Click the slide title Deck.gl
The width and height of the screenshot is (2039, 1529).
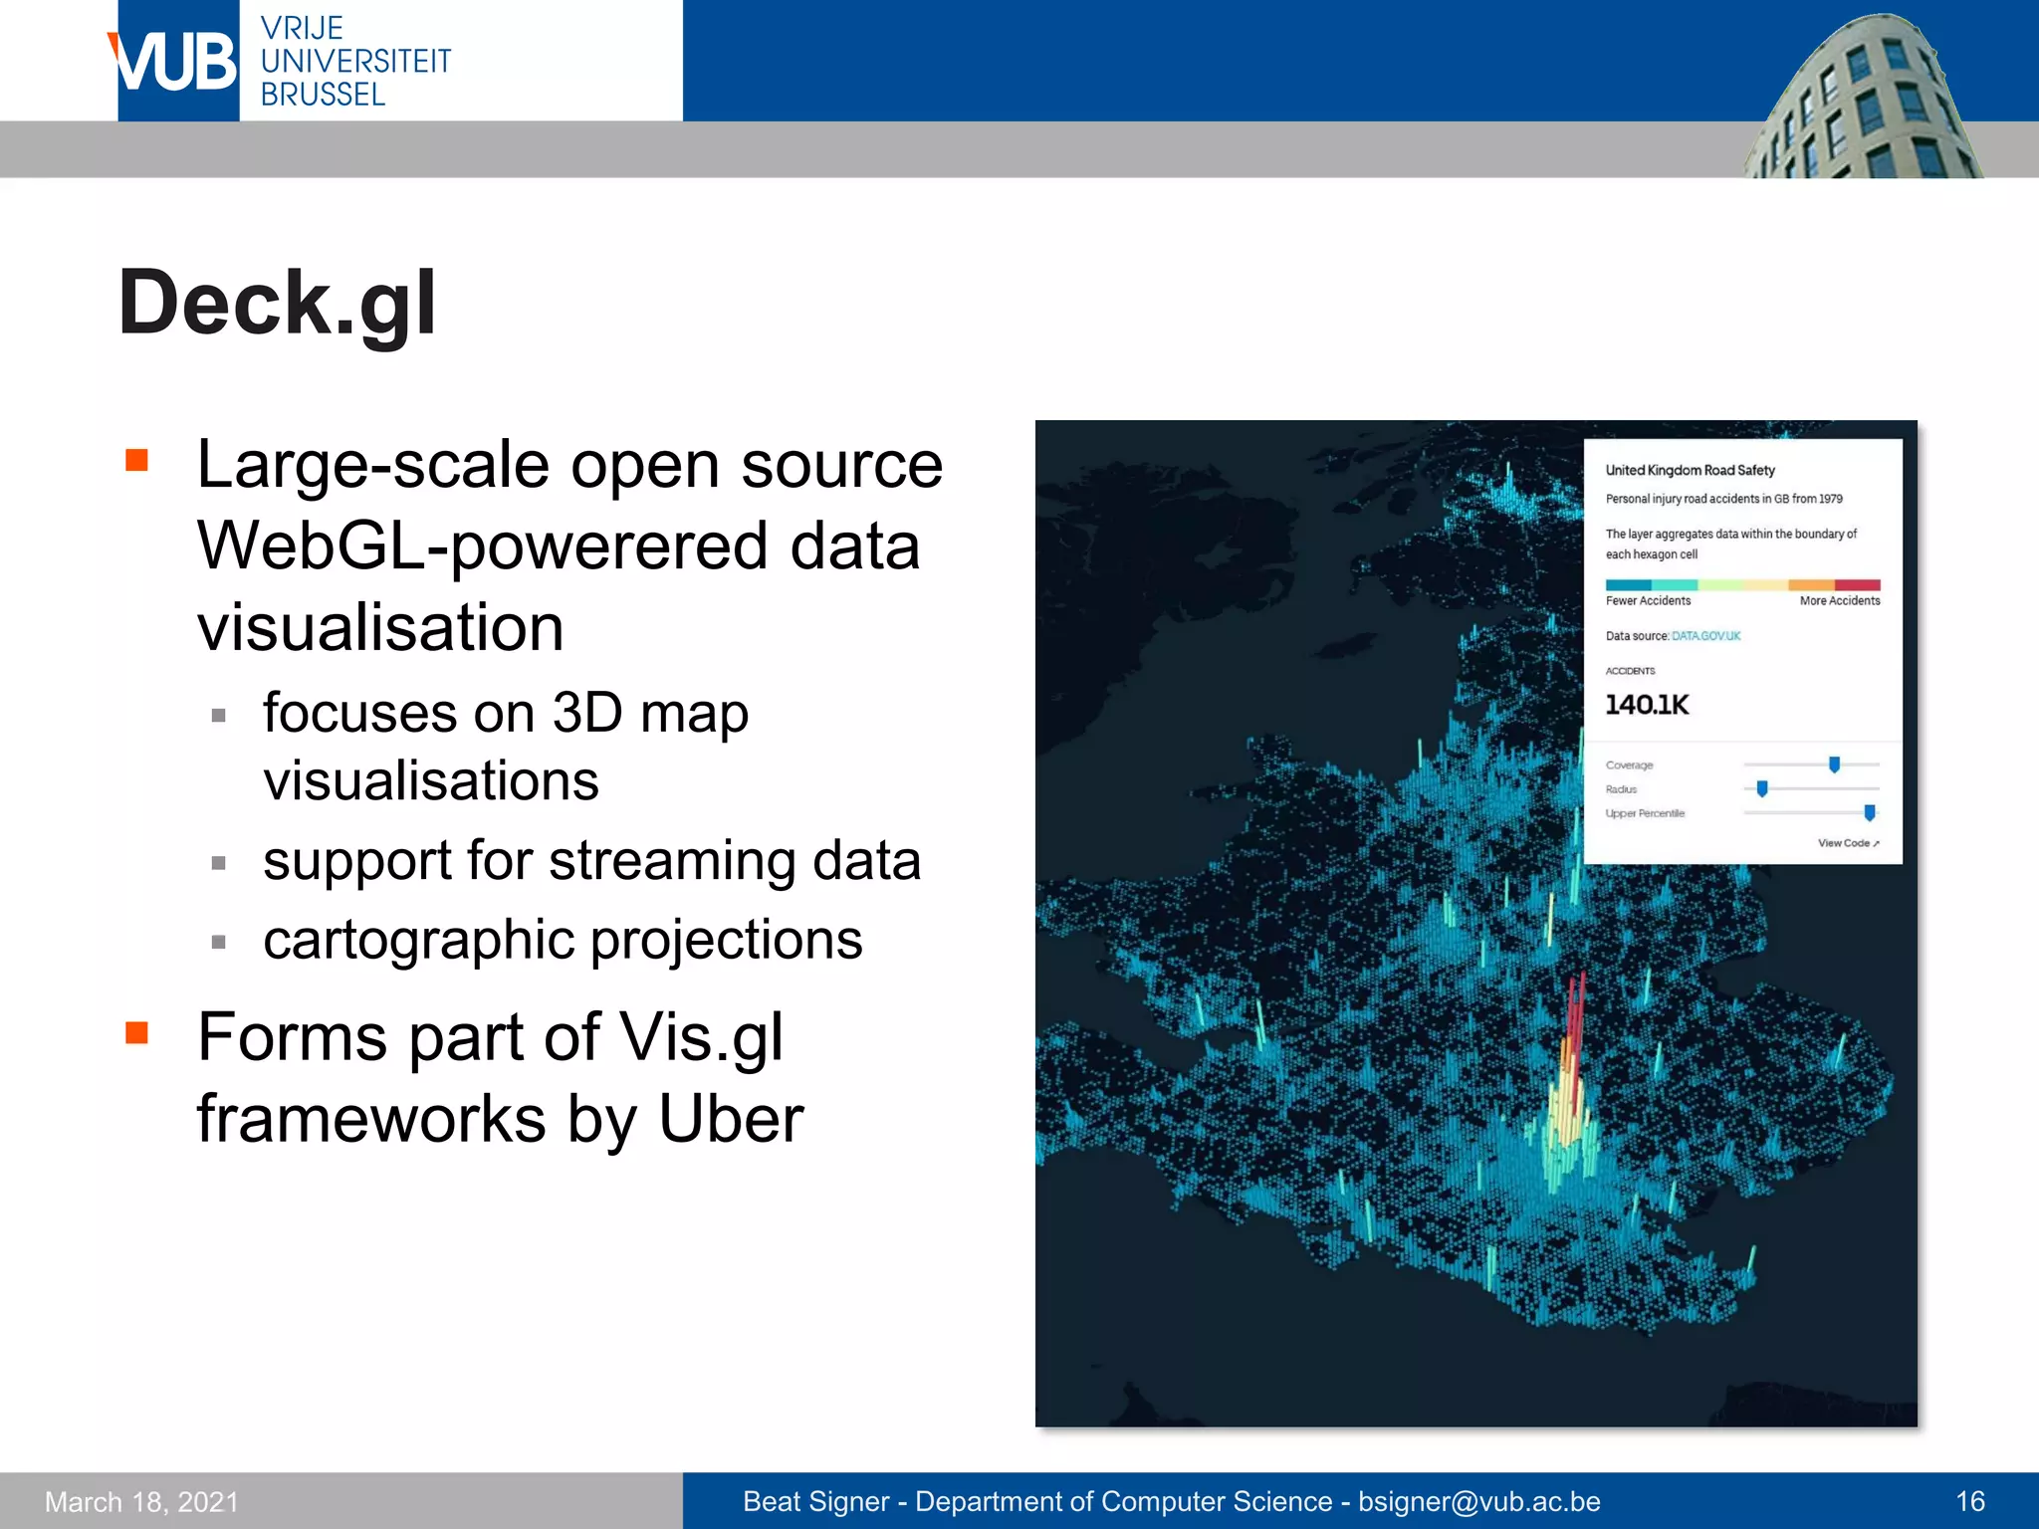coord(277,303)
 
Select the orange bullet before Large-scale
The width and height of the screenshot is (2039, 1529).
coord(136,460)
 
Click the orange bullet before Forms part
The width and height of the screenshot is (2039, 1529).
coord(136,1033)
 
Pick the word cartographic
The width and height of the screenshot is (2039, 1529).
coord(418,940)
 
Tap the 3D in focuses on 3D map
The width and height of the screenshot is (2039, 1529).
coord(586,714)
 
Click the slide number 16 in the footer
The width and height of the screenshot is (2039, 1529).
coord(1969,1501)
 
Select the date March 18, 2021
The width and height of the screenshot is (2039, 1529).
coord(141,1501)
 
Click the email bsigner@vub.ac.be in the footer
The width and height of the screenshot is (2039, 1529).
coord(1478,1501)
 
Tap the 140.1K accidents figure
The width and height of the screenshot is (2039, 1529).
coord(1647,705)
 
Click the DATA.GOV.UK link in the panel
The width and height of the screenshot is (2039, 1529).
coord(1705,636)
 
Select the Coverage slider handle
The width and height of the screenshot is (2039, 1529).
coord(1834,764)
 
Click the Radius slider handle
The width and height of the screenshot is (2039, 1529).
coord(1762,789)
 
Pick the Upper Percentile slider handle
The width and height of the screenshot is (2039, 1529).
coord(1869,813)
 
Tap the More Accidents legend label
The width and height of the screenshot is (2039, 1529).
coord(1839,601)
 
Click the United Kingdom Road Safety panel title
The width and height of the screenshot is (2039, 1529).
coord(1690,470)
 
